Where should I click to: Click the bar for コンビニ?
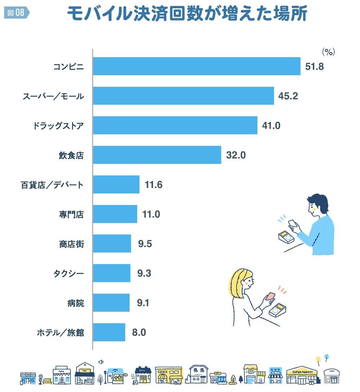(197, 66)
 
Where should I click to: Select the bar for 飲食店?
(157, 155)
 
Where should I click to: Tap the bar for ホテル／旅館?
(109, 332)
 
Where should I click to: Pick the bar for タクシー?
(112, 273)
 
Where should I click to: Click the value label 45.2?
(288, 96)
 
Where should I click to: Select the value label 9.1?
(143, 303)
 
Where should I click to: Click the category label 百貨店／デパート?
(52, 185)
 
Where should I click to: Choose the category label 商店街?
(71, 244)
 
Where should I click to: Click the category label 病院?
(75, 303)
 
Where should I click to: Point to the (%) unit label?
(328, 52)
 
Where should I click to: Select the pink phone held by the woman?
(270, 297)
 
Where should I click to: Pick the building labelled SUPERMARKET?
(302, 375)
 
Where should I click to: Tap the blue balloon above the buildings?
(327, 357)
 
